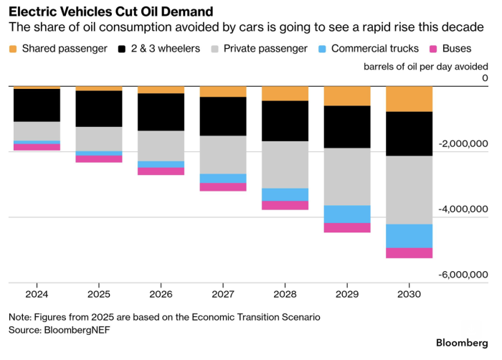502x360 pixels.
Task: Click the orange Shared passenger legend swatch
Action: (x=14, y=49)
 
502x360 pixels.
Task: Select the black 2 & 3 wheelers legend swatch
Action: (x=123, y=49)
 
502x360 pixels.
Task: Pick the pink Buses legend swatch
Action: (x=432, y=49)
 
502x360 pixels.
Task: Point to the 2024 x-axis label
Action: (x=36, y=295)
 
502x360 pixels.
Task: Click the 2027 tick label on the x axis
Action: (x=222, y=295)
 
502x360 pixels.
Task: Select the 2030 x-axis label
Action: (x=409, y=295)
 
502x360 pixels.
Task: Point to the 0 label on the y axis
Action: (x=485, y=78)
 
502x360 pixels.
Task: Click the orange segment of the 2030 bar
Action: (x=409, y=99)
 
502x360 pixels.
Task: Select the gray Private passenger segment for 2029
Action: (x=347, y=176)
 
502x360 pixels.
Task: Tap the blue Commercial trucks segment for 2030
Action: (x=409, y=236)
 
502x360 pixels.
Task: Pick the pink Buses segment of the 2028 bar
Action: (x=285, y=205)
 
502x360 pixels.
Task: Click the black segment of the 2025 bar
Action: (x=98, y=108)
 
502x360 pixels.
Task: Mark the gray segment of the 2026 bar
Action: (x=161, y=146)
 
